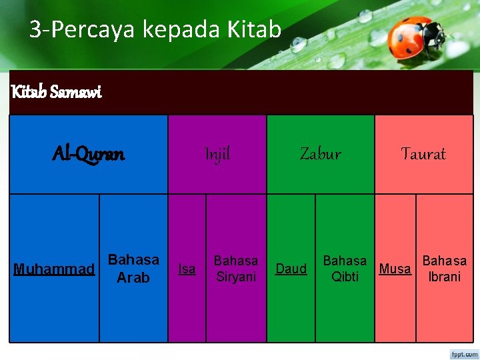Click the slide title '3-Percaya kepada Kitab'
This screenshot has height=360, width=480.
(155, 29)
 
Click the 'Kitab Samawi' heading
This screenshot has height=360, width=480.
(56, 92)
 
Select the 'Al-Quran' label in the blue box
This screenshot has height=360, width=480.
(88, 154)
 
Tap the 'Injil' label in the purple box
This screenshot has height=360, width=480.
(217, 154)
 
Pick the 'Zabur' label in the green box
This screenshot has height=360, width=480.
(320, 154)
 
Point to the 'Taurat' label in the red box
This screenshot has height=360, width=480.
(423, 154)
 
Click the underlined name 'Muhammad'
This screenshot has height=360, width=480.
(54, 269)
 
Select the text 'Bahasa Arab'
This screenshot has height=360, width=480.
(133, 268)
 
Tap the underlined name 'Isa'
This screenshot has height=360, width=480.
(187, 269)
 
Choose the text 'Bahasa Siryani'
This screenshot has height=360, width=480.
(236, 268)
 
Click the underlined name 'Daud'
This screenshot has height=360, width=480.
(291, 269)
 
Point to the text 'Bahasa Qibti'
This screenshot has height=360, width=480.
(345, 268)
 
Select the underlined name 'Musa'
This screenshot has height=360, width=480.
(395, 269)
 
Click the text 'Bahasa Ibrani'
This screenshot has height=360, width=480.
(445, 268)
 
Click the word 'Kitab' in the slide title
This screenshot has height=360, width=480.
(254, 29)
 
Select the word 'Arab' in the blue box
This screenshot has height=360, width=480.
(133, 277)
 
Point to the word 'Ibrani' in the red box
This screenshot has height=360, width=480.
(445, 277)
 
